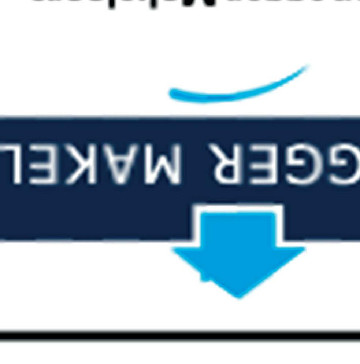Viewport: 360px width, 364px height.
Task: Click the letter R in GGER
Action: [227, 163]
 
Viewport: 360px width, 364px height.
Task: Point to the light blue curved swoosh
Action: [234, 92]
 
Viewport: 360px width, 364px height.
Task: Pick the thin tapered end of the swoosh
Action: [306, 67]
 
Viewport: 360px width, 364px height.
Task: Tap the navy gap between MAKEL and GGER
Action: [196, 163]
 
